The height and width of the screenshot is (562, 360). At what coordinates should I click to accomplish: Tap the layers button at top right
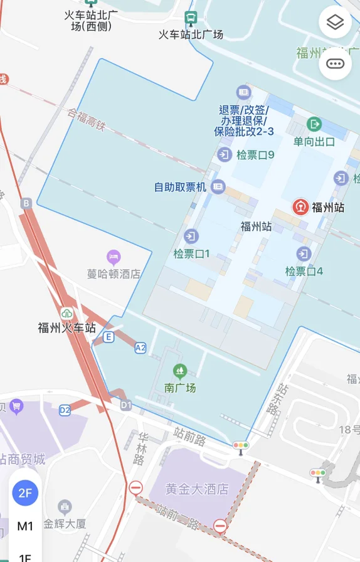[x=335, y=23]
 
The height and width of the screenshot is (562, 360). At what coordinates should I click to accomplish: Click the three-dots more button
[x=335, y=63]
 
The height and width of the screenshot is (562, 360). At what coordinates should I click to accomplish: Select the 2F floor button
[x=25, y=492]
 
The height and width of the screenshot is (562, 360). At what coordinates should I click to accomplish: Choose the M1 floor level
[x=25, y=526]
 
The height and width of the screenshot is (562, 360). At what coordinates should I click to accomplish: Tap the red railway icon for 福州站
[x=300, y=207]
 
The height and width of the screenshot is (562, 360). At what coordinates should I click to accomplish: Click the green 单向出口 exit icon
[x=314, y=124]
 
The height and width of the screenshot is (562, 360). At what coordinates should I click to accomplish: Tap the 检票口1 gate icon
[x=191, y=236]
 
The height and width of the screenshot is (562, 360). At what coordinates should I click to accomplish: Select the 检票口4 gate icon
[x=304, y=254]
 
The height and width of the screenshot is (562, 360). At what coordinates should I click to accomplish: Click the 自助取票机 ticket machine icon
[x=218, y=186]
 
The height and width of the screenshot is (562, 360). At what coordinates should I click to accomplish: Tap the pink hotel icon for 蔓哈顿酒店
[x=114, y=257]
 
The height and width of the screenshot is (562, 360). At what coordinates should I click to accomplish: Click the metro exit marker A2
[x=140, y=347]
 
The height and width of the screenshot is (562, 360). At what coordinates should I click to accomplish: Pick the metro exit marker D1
[x=126, y=405]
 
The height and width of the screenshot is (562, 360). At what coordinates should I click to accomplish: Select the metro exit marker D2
[x=65, y=410]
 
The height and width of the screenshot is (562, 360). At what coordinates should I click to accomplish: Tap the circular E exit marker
[x=109, y=337]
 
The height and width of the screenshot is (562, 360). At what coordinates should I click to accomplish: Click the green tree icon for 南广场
[x=180, y=371]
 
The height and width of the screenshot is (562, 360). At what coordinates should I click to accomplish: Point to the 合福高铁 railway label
[x=87, y=120]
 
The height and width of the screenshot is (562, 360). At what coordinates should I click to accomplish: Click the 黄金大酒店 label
[x=197, y=489]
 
